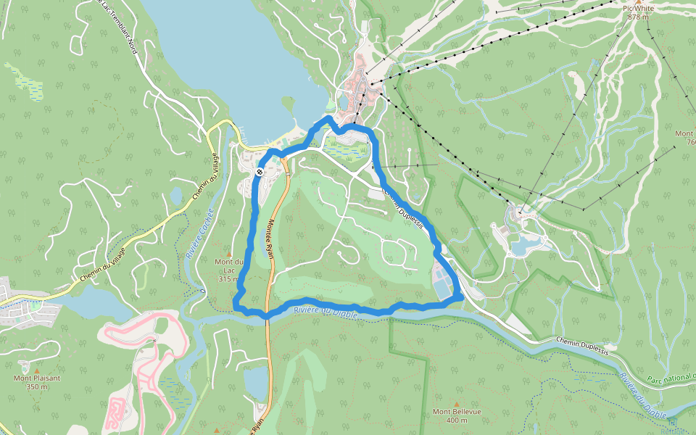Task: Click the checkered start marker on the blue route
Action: (260, 172)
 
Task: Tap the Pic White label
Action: (637, 8)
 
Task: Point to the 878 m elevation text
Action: (638, 17)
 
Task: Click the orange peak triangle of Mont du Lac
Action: (228, 253)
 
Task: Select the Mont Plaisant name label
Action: (37, 378)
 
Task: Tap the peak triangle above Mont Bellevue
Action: (456, 403)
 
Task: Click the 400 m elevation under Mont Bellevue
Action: (457, 420)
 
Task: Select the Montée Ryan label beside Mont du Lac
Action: (270, 239)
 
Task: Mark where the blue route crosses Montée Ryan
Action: (267, 315)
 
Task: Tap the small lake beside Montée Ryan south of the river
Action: (255, 383)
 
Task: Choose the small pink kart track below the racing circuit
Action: (114, 412)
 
